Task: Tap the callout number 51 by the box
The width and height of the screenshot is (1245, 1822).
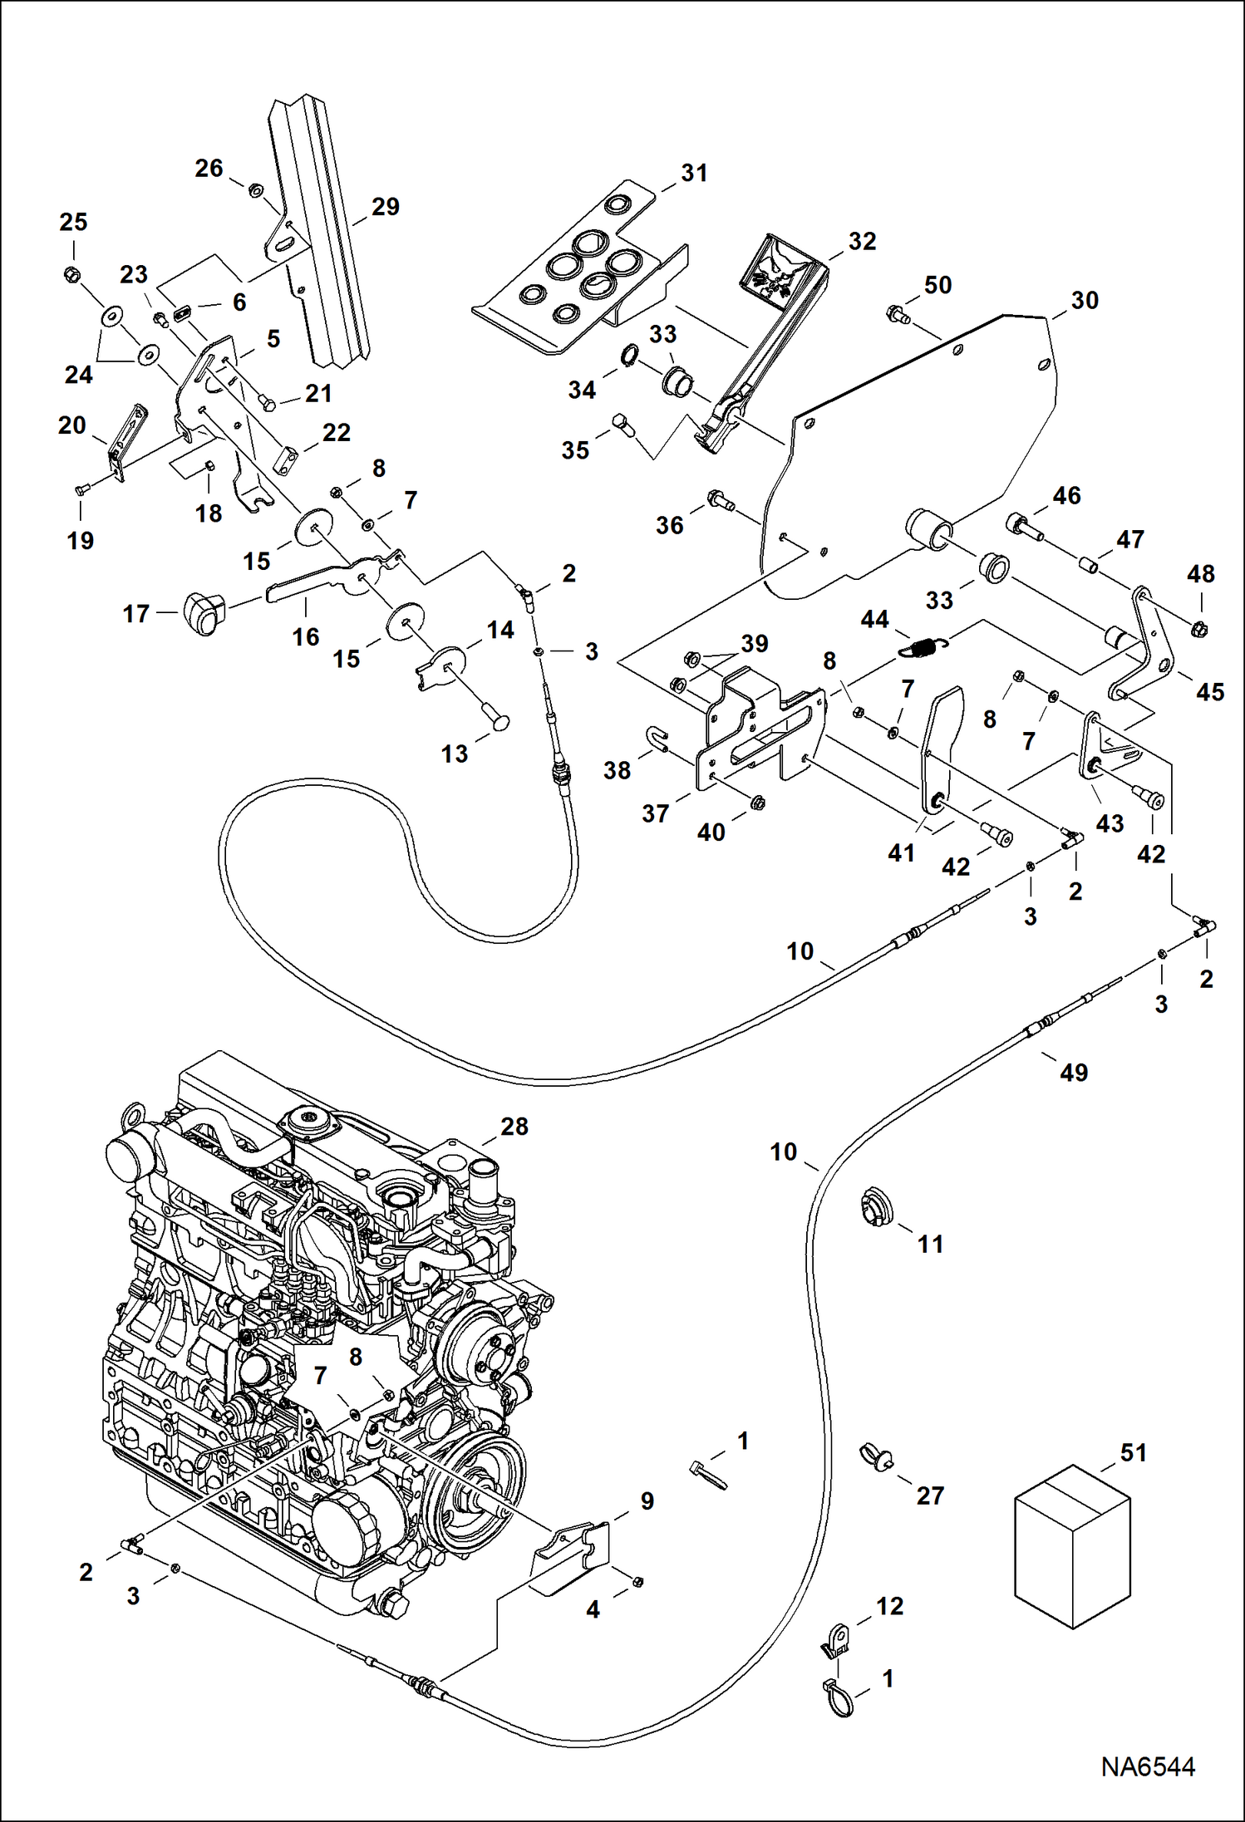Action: pos(1133,1452)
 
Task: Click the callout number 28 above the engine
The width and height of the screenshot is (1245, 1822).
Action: pos(514,1126)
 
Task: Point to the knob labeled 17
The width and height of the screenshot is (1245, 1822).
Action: pos(204,613)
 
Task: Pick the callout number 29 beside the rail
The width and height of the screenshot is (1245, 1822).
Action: pos(385,206)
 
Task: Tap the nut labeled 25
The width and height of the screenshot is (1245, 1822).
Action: pos(72,273)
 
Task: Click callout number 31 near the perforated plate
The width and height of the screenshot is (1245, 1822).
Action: pos(694,173)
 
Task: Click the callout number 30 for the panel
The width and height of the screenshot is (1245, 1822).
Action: pos(1084,300)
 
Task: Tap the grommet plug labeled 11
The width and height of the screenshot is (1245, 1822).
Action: pos(875,1207)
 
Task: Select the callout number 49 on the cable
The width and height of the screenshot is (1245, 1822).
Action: pos(1073,1072)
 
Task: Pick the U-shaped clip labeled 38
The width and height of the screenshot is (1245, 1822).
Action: pos(657,738)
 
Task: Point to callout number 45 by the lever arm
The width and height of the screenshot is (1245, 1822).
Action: pos(1209,691)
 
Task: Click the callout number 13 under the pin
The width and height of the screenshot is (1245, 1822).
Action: pos(454,754)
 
